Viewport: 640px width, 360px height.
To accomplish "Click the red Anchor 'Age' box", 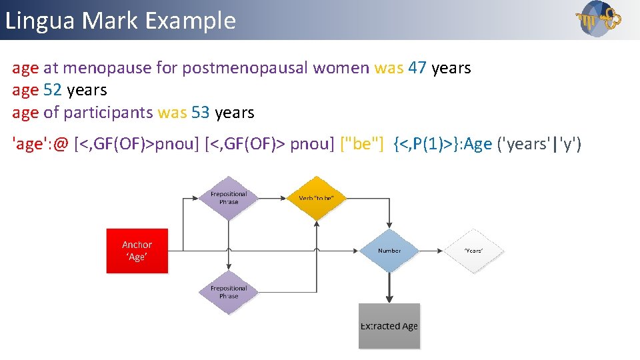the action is click(x=137, y=251).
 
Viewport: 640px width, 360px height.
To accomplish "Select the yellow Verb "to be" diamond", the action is click(x=316, y=198).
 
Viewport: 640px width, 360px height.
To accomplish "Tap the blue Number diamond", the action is click(x=389, y=251).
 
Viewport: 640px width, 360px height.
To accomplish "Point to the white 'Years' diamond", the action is click(x=473, y=251).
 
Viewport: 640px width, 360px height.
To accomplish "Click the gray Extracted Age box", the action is click(x=389, y=326).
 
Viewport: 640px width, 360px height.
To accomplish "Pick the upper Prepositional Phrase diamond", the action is click(x=229, y=198).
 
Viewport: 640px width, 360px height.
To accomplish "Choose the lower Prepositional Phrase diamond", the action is click(x=229, y=292).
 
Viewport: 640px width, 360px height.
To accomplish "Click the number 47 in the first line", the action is click(x=417, y=67).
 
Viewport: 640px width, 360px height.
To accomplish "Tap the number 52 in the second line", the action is click(x=53, y=90).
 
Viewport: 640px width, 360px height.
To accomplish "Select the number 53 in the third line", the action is click(x=201, y=113).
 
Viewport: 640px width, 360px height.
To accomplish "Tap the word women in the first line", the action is click(x=341, y=67).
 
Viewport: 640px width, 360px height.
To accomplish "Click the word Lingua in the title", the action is click(x=40, y=21).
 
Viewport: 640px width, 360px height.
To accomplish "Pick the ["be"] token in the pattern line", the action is click(x=362, y=144).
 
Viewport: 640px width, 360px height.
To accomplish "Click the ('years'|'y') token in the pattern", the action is click(x=540, y=144).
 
